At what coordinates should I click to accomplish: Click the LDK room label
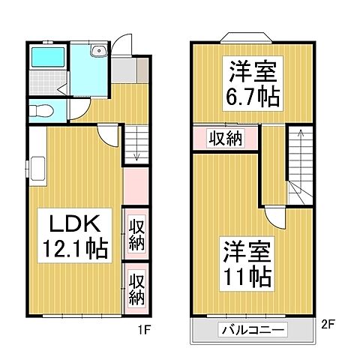pos(67,223)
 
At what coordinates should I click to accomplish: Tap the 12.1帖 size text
pos(73,247)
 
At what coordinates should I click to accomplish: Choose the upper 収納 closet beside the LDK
pos(135,233)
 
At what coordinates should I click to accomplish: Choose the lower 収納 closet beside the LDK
pos(135,288)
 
